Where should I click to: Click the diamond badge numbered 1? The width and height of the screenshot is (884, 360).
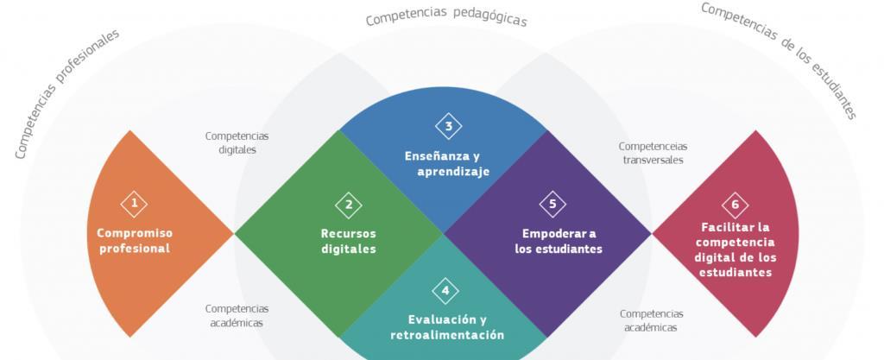[134, 204]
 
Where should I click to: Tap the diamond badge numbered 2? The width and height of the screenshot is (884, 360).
[349, 205]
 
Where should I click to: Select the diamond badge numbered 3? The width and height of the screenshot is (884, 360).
[448, 126]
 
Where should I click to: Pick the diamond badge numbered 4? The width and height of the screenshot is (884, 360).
[445, 290]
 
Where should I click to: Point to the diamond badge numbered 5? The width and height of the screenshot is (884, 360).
[552, 204]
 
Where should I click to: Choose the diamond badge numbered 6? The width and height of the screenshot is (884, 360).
[735, 205]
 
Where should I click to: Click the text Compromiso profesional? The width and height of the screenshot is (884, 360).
[134, 241]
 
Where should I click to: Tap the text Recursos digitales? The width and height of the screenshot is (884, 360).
[349, 241]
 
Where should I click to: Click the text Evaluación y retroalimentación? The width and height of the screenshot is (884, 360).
[446, 327]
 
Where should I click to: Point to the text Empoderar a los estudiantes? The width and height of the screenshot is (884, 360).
[559, 241]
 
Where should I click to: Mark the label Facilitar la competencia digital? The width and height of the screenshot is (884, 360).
[735, 249]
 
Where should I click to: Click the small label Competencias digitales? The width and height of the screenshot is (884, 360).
[237, 142]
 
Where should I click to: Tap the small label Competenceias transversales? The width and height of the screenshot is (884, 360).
[653, 153]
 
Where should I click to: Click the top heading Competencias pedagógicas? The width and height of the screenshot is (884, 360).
[445, 18]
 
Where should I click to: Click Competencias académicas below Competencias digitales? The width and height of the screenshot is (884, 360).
[237, 315]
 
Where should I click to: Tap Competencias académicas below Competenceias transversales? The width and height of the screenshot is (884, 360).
[651, 320]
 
